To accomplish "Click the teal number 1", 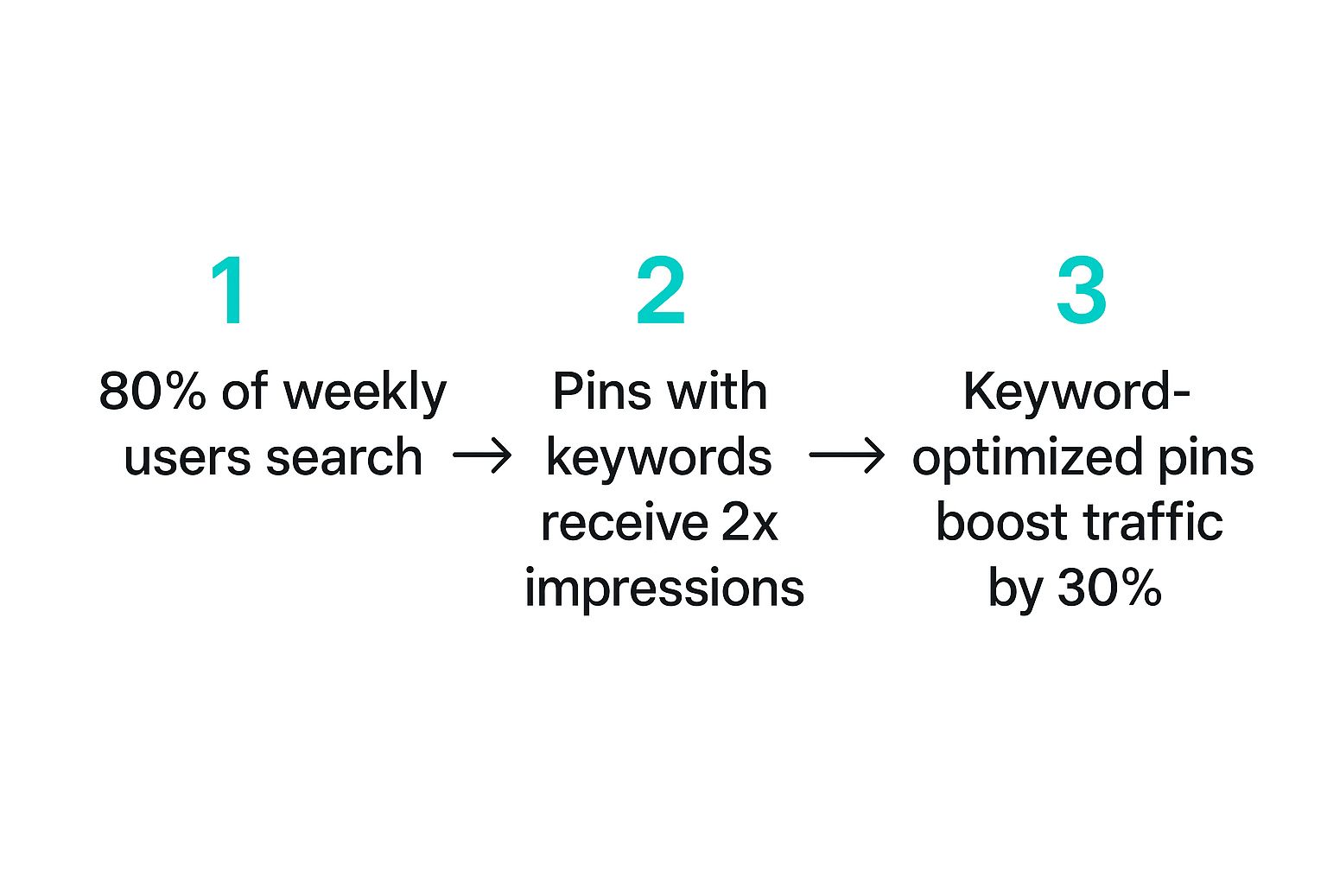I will [230, 291].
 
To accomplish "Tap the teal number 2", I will [661, 291].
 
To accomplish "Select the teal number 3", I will [1081, 291].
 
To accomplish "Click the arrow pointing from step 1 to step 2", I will [482, 455].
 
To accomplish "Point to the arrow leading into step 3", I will [846, 455].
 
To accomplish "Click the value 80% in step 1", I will [152, 392].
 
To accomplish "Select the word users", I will [187, 457].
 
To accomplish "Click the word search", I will [344, 457].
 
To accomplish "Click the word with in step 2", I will [716, 392].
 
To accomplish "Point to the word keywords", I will [658, 458].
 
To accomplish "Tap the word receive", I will [612, 523].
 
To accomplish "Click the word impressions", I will [663, 589].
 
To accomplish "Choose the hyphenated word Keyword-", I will [1076, 392].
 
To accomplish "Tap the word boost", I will [1002, 523].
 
